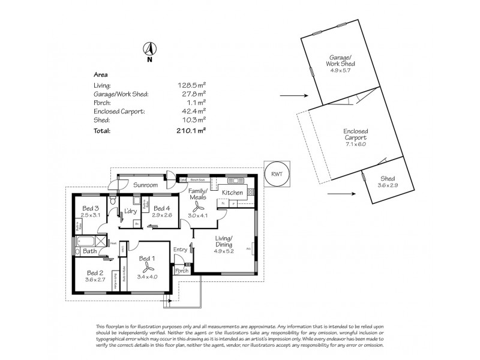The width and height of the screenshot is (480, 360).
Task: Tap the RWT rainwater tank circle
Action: point(277,173)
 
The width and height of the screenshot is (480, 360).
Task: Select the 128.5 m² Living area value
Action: point(193,86)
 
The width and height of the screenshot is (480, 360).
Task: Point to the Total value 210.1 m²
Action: point(193,130)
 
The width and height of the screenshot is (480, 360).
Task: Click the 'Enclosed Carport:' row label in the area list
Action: point(117,112)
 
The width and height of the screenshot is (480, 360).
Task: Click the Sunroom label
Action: point(145,185)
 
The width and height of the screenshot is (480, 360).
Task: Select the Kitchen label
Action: point(232,192)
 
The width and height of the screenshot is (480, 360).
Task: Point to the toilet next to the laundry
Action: point(112,203)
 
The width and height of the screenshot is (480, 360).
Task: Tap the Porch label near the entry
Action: point(182,271)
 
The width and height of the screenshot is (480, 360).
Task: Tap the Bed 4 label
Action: point(160,208)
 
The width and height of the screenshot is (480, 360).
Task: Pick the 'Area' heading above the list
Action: point(101,75)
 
